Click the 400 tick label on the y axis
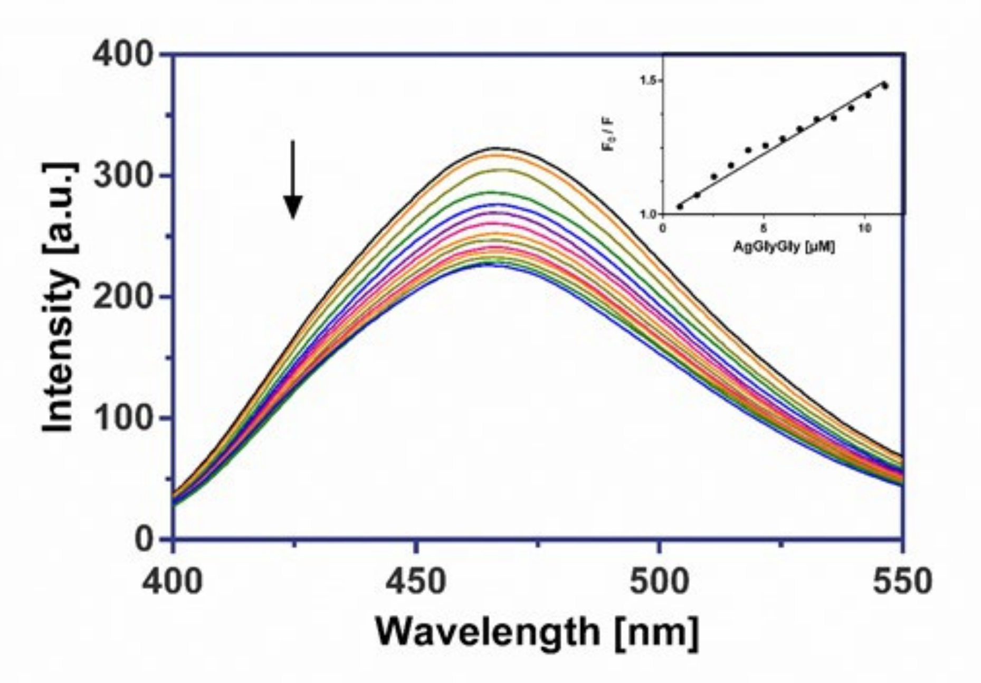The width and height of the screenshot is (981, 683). tap(122, 54)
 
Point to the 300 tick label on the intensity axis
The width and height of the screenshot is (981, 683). tap(122, 175)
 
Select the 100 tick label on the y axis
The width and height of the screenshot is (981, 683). tap(122, 417)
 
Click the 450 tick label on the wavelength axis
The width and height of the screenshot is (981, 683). tap(416, 581)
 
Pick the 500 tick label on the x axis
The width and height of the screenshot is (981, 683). tap(659, 581)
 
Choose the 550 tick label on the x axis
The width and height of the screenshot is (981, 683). tap(902, 581)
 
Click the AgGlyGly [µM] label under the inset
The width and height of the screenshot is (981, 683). tap(784, 246)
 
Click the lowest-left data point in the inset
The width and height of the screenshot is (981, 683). tap(680, 206)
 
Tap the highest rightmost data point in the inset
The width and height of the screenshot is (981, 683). tap(885, 86)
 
